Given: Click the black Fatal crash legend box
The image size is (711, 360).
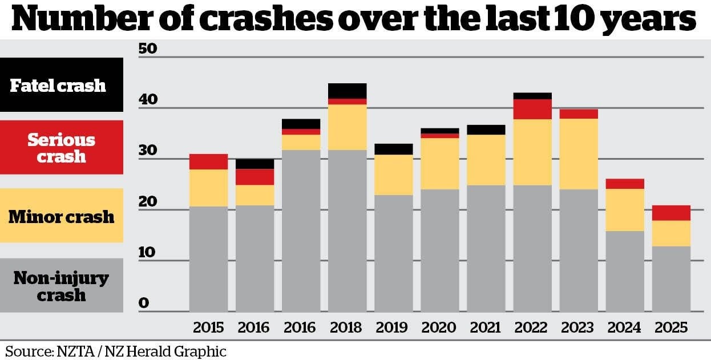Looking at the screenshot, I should click(62, 84).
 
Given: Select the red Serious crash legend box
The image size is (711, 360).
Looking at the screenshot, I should click(62, 147).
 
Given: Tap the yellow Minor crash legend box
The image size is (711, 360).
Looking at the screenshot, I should click(62, 216).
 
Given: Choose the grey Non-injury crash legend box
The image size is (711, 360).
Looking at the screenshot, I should click(62, 285).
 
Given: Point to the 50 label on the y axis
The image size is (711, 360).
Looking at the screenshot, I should click(147, 48).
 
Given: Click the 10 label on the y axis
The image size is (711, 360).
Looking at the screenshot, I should click(147, 252).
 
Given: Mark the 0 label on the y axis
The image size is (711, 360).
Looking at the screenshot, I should click(143, 302).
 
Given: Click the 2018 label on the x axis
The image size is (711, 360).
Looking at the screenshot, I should click(346, 327).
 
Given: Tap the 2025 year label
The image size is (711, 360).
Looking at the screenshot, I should click(670, 327).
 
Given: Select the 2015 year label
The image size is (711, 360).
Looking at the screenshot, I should click(208, 327).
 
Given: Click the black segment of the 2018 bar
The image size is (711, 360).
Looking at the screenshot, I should click(347, 91).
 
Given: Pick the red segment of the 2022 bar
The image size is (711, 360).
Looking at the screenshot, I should click(532, 109).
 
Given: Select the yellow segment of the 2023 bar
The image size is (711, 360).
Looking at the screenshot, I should click(578, 154).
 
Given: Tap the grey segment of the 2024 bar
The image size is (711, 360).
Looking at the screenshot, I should click(624, 271).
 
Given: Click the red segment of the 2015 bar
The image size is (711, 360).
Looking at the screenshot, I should click(208, 161).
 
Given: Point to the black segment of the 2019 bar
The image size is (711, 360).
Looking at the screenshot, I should click(393, 149).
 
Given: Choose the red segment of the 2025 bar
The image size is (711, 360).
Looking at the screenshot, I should click(670, 213).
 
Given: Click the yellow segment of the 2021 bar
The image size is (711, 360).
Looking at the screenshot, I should click(486, 160).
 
